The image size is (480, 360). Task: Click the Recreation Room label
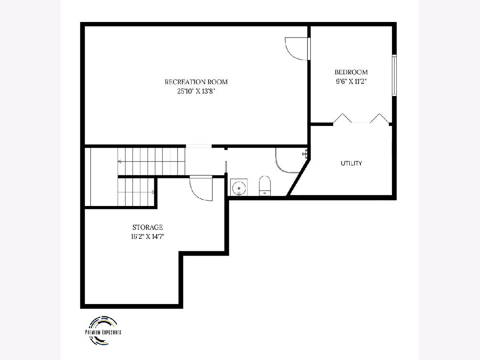[x=196, y=82]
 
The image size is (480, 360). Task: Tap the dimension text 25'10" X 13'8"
[x=196, y=91]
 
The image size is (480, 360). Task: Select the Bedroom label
[x=351, y=72]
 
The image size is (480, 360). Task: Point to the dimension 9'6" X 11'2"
[x=351, y=82]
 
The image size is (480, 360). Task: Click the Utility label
[x=352, y=163]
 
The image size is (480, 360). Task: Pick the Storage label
[x=148, y=227]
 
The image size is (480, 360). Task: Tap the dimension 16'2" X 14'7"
[x=148, y=236]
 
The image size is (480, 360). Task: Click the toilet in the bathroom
[x=265, y=186]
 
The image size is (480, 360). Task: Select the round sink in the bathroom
[x=239, y=188]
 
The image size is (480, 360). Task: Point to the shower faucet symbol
[x=305, y=154]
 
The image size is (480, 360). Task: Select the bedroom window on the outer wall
[x=394, y=76]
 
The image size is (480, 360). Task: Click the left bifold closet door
[x=342, y=118]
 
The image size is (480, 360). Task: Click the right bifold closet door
[x=380, y=118]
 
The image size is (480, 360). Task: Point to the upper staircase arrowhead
[x=119, y=162]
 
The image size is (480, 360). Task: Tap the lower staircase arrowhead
[x=153, y=192]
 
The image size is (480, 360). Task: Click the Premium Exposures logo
[x=103, y=330]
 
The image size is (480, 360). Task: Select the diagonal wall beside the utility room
[x=298, y=178]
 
